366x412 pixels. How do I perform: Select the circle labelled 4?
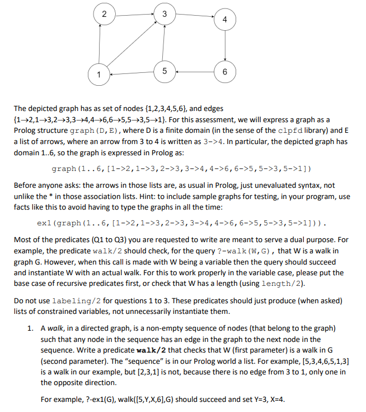click(x=225, y=20)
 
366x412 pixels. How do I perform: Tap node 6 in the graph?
click(x=225, y=72)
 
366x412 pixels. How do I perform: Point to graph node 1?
click(x=98, y=74)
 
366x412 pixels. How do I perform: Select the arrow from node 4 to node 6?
click(x=225, y=46)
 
